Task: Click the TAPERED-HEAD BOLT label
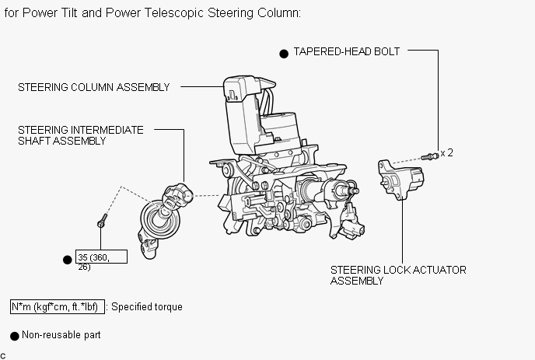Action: [x=346, y=51]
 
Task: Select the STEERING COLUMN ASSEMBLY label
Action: [x=94, y=87]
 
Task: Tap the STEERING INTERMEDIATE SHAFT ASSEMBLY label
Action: [x=81, y=135]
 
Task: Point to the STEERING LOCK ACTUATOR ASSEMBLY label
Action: [x=398, y=275]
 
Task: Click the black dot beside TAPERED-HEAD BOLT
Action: [x=284, y=54]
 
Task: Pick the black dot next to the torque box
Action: [x=68, y=260]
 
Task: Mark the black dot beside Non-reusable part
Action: [x=14, y=336]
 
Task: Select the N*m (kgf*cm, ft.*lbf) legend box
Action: [x=58, y=307]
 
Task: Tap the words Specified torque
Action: [x=147, y=307]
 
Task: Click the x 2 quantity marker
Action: [x=446, y=153]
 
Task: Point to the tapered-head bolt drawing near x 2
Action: [x=430, y=156]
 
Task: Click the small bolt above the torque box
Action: [x=103, y=221]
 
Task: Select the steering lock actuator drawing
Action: [x=401, y=179]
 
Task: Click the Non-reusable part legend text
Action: [x=61, y=335]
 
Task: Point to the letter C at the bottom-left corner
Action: [x=3, y=356]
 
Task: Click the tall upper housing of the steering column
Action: [x=240, y=114]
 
